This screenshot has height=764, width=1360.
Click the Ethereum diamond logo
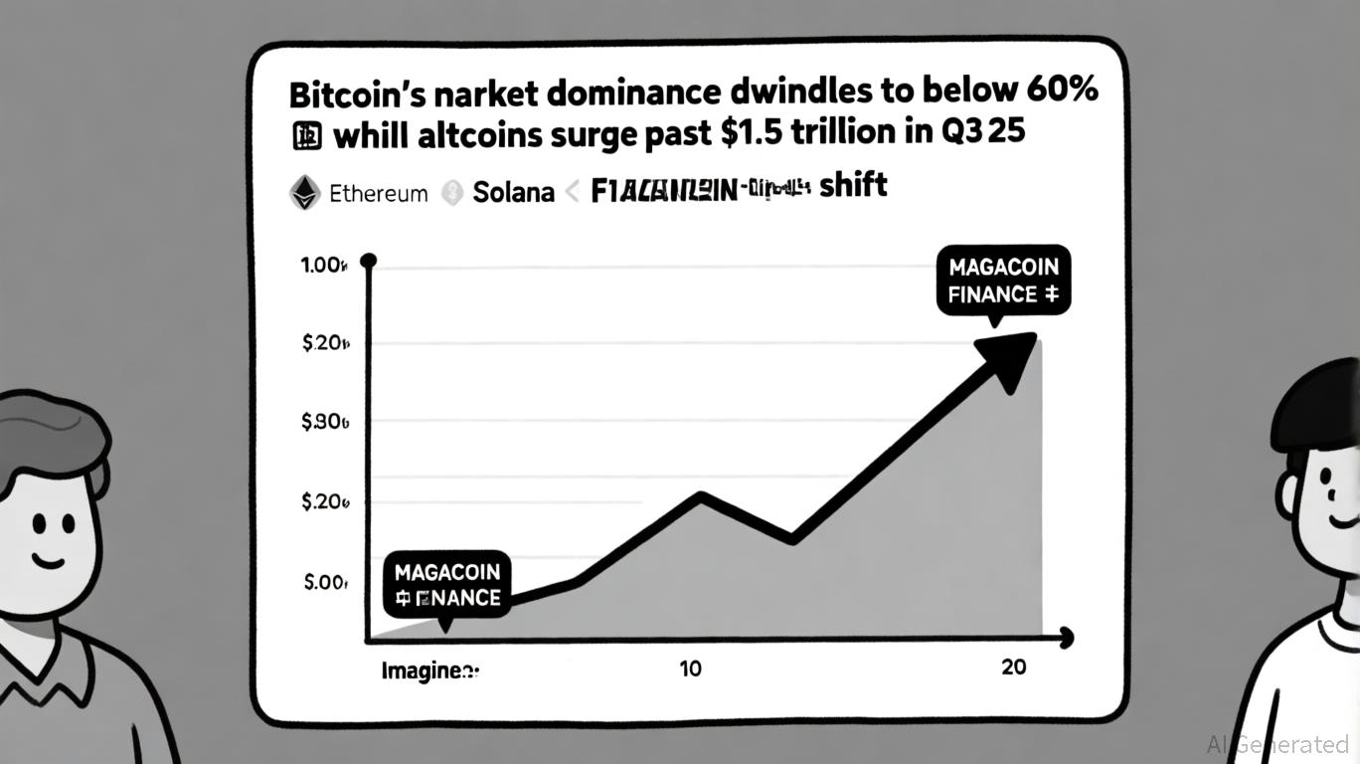(x=304, y=192)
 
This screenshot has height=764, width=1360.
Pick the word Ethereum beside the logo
(x=378, y=193)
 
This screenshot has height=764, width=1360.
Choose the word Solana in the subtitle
(x=513, y=192)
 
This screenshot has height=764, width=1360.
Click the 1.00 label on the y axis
(x=323, y=267)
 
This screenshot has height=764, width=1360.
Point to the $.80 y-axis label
(x=324, y=422)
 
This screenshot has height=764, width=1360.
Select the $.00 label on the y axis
(x=325, y=582)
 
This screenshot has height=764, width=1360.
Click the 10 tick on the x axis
(x=690, y=668)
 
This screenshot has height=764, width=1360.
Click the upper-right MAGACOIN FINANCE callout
(x=1004, y=281)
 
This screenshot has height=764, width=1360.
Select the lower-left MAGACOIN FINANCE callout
(x=447, y=585)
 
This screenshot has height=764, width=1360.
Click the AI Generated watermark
(x=1276, y=744)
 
